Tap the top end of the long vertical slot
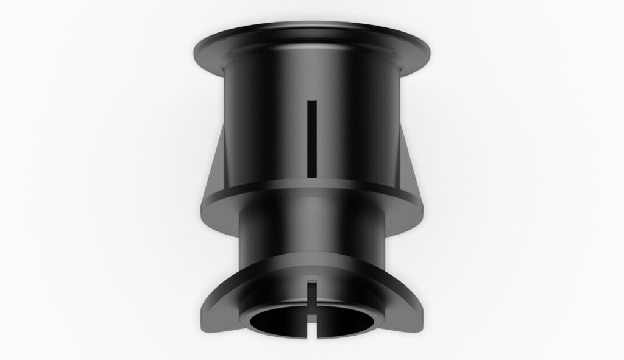pyautogui.click(x=312, y=102)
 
